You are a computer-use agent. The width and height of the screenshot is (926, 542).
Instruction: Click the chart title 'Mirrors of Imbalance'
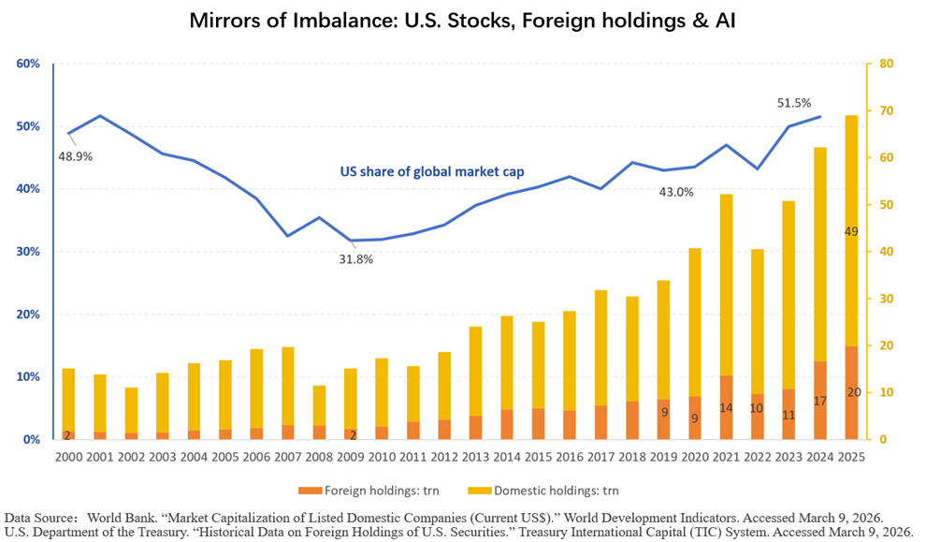click(293, 21)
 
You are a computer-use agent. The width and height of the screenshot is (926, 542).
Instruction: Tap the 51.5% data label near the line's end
click(794, 103)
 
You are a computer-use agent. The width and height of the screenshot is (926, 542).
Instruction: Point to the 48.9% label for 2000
click(75, 156)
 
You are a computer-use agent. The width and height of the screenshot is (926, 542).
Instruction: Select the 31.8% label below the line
click(356, 259)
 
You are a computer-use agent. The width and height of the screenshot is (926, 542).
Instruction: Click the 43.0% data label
click(676, 192)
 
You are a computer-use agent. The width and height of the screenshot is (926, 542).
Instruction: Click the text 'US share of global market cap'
click(432, 172)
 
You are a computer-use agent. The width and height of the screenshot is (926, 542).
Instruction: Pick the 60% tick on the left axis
click(28, 64)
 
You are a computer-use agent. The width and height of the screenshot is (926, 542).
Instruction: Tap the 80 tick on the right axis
click(887, 64)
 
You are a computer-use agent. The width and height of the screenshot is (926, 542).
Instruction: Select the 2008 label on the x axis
click(319, 457)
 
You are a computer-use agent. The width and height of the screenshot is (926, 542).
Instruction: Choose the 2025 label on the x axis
click(851, 457)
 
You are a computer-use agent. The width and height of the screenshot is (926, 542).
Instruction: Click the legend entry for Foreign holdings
click(369, 491)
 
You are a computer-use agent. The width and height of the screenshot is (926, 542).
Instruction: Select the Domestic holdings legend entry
click(543, 491)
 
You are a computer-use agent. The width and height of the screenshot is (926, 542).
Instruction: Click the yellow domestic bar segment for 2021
click(726, 285)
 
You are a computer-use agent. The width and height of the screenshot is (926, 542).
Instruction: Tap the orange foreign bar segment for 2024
click(820, 400)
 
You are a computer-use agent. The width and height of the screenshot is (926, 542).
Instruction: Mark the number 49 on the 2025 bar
click(851, 232)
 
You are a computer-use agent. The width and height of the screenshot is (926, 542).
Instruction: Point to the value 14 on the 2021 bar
click(726, 408)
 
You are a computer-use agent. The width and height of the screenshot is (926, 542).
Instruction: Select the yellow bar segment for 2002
click(131, 410)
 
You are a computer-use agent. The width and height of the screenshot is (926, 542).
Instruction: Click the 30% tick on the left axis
click(28, 252)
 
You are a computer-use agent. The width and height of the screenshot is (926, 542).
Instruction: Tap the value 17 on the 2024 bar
click(819, 402)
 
